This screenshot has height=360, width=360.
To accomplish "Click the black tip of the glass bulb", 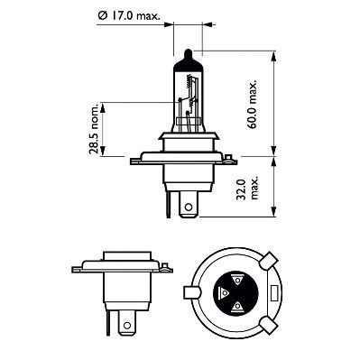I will pos(187,52).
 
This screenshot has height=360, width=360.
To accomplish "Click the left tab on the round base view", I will pos(191,294).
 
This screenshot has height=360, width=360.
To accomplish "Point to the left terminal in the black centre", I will pos(223,294).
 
